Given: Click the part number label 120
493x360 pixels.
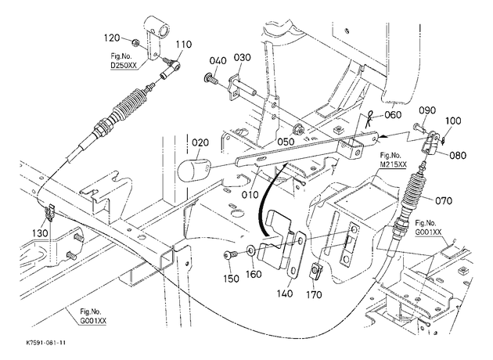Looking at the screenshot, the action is (x=112, y=38).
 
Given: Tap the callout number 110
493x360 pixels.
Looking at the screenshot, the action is (x=183, y=45).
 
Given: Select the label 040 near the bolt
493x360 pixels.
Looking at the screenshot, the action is (x=218, y=61).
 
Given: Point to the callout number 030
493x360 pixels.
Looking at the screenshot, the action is (x=242, y=58).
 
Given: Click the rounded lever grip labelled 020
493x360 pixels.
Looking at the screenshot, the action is (x=192, y=169).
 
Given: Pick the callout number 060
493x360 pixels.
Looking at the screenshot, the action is (x=393, y=115).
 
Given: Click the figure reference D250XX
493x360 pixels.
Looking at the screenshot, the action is (x=124, y=66).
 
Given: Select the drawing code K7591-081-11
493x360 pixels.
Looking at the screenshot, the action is (x=46, y=343).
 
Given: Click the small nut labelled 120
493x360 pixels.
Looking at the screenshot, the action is (x=135, y=41).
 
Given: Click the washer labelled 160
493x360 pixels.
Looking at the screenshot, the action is (x=251, y=250).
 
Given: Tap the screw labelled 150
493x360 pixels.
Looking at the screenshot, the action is (x=229, y=254).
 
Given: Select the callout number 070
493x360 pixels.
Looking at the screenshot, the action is (x=444, y=200).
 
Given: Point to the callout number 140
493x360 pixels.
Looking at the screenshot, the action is (x=285, y=293).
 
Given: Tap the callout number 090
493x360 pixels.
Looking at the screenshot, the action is (x=427, y=110).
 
